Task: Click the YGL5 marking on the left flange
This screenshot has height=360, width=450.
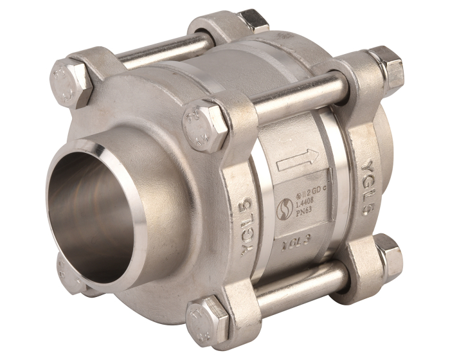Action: tap(253, 226)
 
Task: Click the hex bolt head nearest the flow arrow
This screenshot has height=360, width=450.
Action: tap(204, 125)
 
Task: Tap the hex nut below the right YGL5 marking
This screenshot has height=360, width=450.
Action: tap(388, 251)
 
